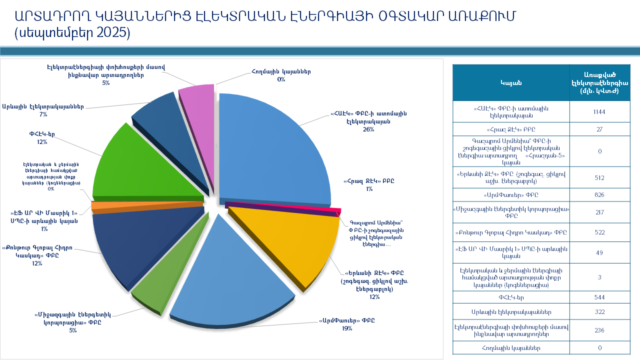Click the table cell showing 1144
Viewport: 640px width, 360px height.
[599, 111]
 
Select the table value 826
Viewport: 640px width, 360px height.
[599, 194]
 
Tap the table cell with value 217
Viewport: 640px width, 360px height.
[599, 212]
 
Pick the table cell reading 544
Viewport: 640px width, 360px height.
[599, 297]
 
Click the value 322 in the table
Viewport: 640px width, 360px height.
[599, 312]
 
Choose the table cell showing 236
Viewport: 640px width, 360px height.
[599, 330]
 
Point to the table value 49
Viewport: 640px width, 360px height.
[599, 252]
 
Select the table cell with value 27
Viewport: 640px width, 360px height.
[599, 129]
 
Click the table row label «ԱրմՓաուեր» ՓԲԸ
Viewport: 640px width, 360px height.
[511, 194]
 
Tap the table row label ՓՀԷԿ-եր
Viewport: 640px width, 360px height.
[511, 297]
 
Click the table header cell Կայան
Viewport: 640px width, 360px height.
[511, 82]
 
